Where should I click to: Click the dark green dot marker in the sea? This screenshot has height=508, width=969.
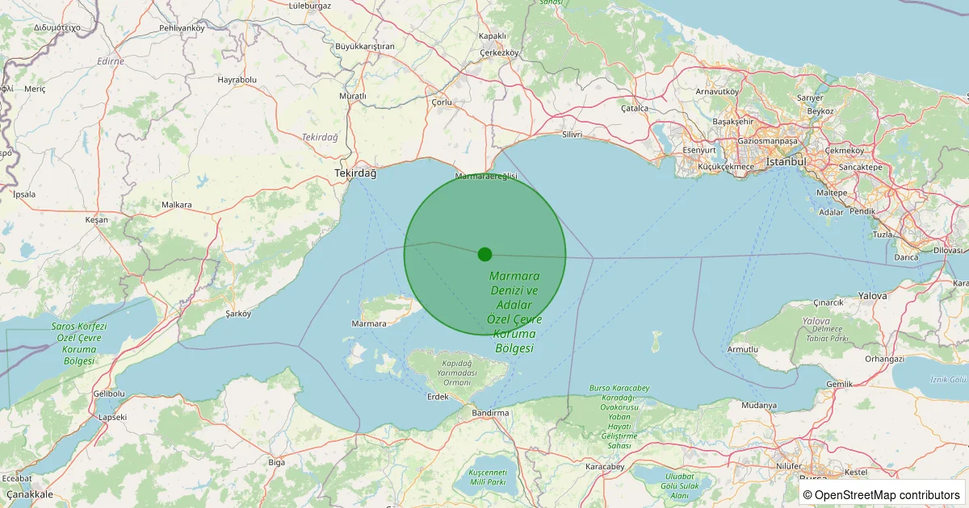coord(484,254)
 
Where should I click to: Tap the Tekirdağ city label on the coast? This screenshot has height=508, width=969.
coord(356,173)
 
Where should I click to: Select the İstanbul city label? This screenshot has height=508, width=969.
coord(786,162)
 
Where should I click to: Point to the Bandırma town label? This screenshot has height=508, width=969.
coord(491,413)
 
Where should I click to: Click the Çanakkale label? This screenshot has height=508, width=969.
coord(29,493)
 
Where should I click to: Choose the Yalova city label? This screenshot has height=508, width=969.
coord(872,296)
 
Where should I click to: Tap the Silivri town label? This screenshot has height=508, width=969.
coord(572,135)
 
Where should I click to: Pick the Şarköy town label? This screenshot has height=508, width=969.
coord(239,314)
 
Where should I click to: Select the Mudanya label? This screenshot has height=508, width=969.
coord(759,405)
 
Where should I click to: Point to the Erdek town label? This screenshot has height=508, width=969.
coord(437,397)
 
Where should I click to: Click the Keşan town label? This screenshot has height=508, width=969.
coord(96,220)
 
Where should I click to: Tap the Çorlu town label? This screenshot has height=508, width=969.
coord(442,102)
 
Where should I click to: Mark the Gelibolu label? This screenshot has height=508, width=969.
coord(109,393)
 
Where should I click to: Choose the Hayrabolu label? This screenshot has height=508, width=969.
coord(237,80)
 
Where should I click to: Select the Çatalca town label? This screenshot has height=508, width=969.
coord(635,108)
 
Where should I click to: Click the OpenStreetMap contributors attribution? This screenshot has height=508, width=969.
coord(881,494)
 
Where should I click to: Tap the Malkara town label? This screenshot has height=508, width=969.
coord(177,205)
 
